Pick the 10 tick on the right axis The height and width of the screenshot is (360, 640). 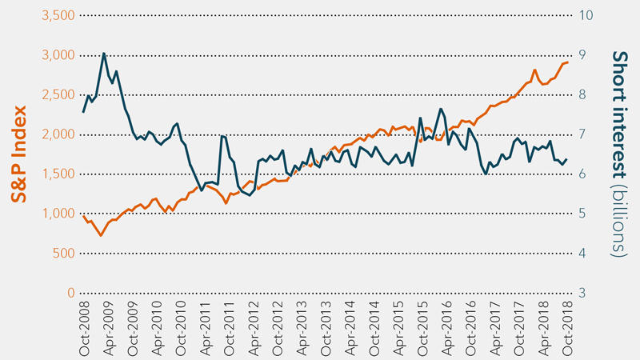coord(586,16)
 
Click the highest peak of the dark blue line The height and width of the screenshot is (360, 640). coord(103,54)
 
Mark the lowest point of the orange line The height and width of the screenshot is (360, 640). coord(101,235)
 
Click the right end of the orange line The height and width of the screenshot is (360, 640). coord(568,62)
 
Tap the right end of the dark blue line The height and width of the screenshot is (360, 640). coord(567,158)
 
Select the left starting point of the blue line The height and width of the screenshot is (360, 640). coord(83,112)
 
